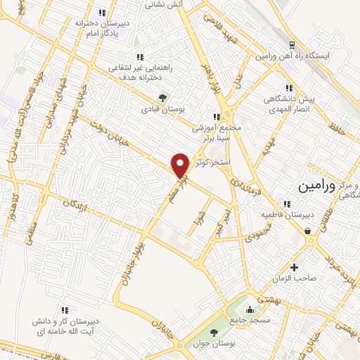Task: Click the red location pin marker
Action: [x=181, y=165]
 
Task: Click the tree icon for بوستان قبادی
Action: [x=163, y=98]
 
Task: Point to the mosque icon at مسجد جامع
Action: [x=249, y=309]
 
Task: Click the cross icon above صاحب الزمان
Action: [x=294, y=267]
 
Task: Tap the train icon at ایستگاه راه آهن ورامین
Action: [x=290, y=43]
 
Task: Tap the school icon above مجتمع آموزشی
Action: [x=217, y=117]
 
